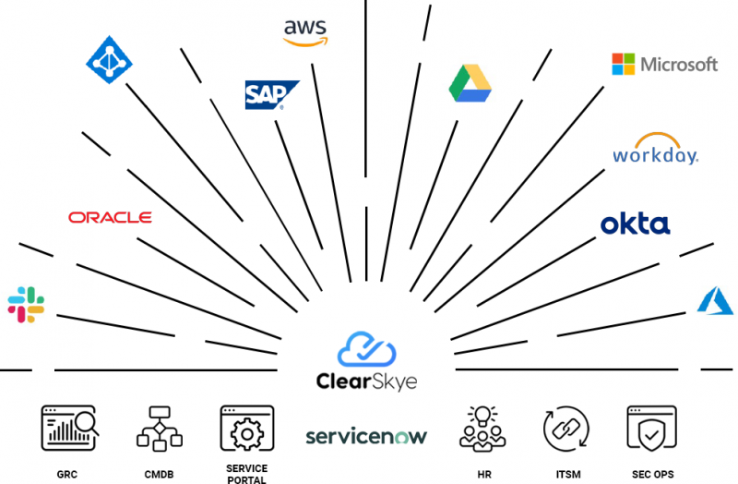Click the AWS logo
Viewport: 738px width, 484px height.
pyautogui.click(x=305, y=33)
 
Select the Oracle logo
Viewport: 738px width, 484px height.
pyautogui.click(x=110, y=217)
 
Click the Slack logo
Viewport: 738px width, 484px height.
pyautogui.click(x=26, y=305)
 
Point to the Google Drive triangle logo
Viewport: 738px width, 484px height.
pyautogui.click(x=470, y=83)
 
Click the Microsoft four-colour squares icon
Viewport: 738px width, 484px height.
pyautogui.click(x=624, y=64)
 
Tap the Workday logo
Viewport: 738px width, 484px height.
pyautogui.click(x=656, y=149)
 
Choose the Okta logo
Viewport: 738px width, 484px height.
pyautogui.click(x=636, y=224)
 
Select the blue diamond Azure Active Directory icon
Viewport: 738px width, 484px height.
pyautogui.click(x=109, y=60)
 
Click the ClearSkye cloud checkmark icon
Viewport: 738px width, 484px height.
pyautogui.click(x=366, y=349)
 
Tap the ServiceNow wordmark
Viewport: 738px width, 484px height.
pyautogui.click(x=366, y=436)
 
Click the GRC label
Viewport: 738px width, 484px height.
pyautogui.click(x=66, y=474)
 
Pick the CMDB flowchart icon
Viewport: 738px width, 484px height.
pyautogui.click(x=160, y=429)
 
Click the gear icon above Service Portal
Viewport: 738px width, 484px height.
pyautogui.click(x=247, y=433)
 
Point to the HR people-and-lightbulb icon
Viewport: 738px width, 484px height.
pyautogui.click(x=482, y=429)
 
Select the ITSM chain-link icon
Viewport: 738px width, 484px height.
pyautogui.click(x=566, y=429)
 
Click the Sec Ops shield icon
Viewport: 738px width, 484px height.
pyautogui.click(x=652, y=429)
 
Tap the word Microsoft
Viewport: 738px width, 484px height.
pyautogui.click(x=679, y=64)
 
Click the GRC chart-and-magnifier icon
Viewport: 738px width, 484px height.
pyautogui.click(x=70, y=428)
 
